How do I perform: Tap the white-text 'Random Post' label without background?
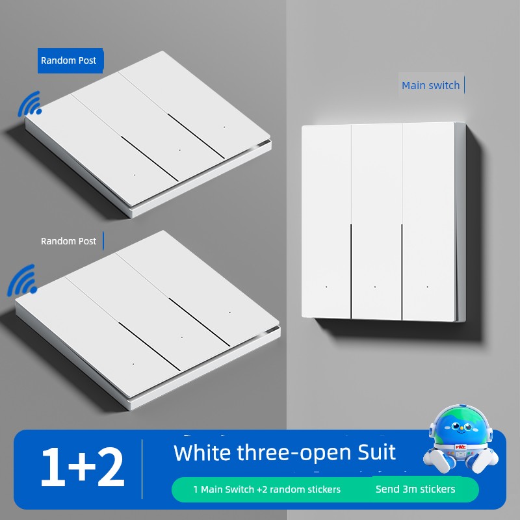point(68,241)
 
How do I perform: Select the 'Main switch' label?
point(430,85)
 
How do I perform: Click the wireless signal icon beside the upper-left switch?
point(29,105)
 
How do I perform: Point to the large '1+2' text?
point(83,467)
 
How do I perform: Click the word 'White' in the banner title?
point(202,452)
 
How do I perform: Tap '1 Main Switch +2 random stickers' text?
point(267,489)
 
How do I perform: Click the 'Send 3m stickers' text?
point(415,489)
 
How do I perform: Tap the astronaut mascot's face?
point(460,427)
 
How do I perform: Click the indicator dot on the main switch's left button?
point(327,287)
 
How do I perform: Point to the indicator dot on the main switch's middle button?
point(375,287)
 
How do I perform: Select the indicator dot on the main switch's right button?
point(428,287)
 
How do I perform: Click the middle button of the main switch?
point(376,222)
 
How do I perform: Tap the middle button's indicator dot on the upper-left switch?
point(180,150)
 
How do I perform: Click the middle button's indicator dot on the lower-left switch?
point(182,337)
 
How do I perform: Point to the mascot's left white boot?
point(437,460)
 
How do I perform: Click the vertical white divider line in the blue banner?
point(142,469)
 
